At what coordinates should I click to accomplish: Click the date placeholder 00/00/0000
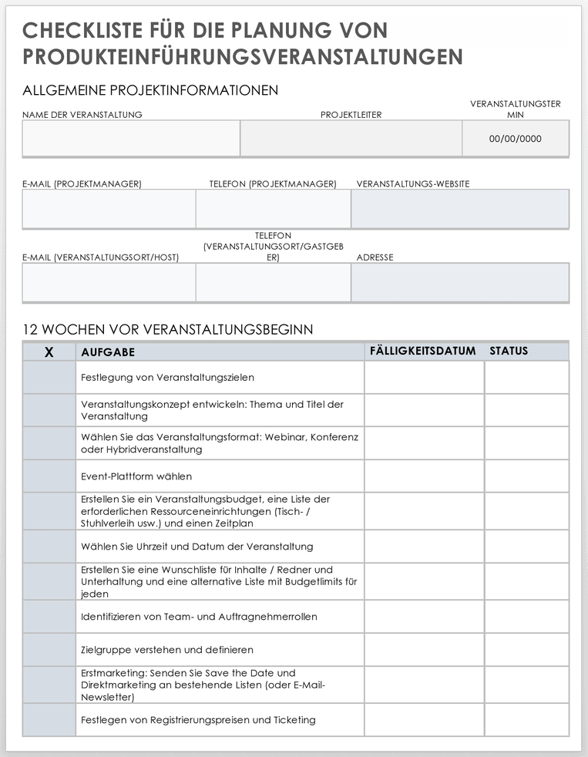pyautogui.click(x=516, y=140)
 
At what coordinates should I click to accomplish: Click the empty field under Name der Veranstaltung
pyautogui.click(x=131, y=139)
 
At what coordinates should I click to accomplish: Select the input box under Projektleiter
pyautogui.click(x=351, y=139)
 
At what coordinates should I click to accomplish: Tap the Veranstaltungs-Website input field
pyautogui.click(x=460, y=209)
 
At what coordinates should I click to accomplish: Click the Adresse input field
pyautogui.click(x=460, y=282)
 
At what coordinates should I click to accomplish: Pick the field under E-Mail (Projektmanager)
pyautogui.click(x=109, y=209)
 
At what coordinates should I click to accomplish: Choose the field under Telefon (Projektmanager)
pyautogui.click(x=273, y=209)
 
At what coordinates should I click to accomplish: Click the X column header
pyautogui.click(x=49, y=352)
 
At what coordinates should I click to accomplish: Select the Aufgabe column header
pyautogui.click(x=108, y=352)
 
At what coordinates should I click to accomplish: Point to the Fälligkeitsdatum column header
pyautogui.click(x=422, y=351)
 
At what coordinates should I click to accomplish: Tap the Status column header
pyautogui.click(x=509, y=351)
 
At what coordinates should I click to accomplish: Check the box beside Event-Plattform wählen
pyautogui.click(x=49, y=476)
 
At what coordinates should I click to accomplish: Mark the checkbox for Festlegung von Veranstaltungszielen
pyautogui.click(x=49, y=378)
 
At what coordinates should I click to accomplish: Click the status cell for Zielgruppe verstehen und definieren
pyautogui.click(x=526, y=650)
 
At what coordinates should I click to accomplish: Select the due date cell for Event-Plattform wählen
pyautogui.click(x=424, y=476)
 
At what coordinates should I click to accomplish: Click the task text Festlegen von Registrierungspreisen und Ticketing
pyautogui.click(x=198, y=720)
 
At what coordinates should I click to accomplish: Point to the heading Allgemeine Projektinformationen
pyautogui.click(x=150, y=90)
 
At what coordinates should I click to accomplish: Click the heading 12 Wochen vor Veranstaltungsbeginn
pyautogui.click(x=168, y=329)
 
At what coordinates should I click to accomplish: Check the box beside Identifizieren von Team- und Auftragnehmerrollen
pyautogui.click(x=49, y=617)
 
